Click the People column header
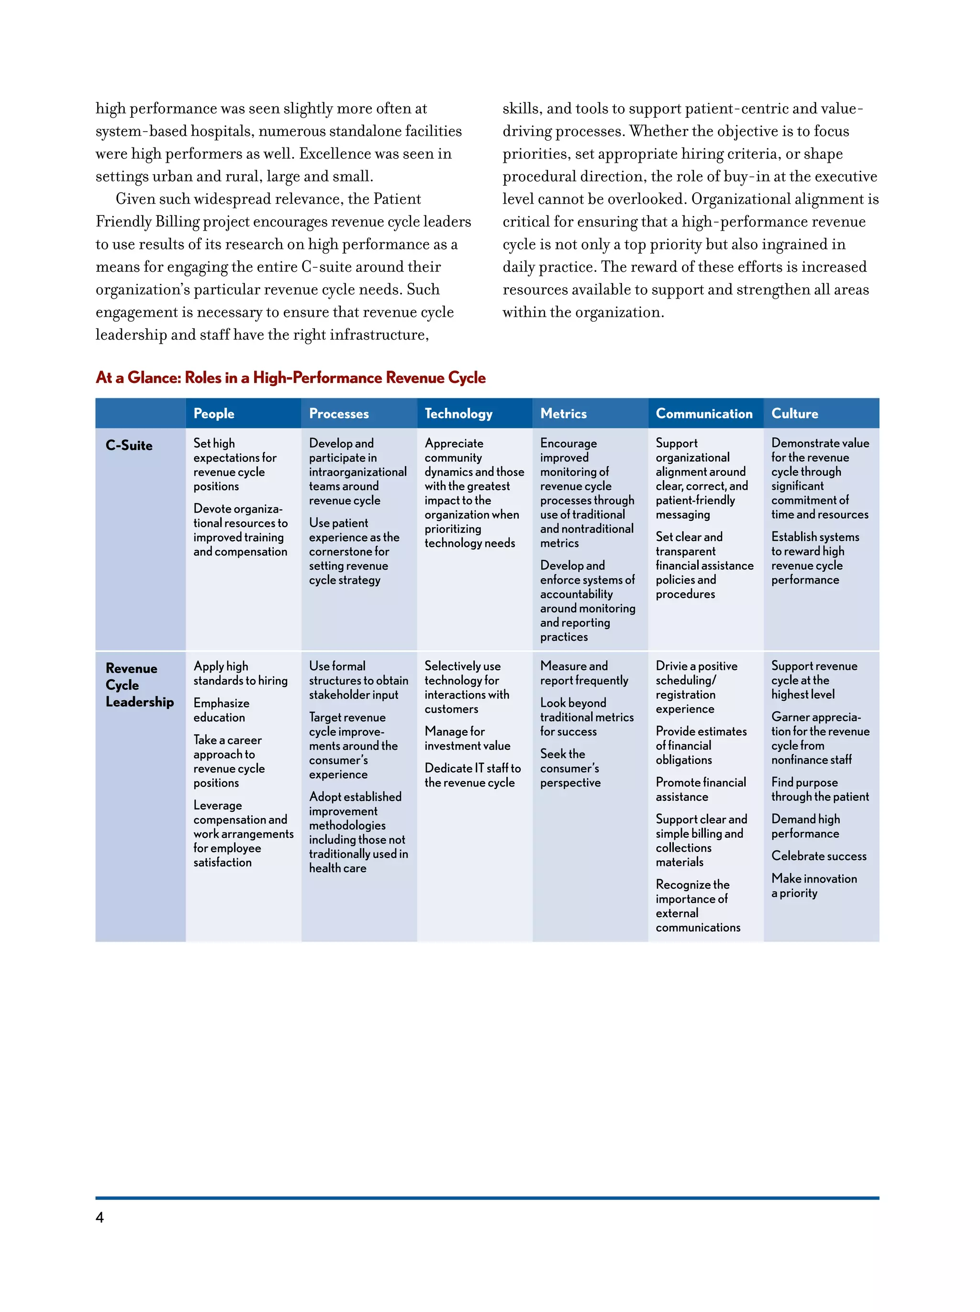click(x=213, y=414)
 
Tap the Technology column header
click(x=458, y=414)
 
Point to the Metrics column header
click(x=563, y=414)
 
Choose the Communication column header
click(x=704, y=414)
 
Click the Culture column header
click(x=794, y=414)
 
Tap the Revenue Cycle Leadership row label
click(x=139, y=685)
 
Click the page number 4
click(x=100, y=1217)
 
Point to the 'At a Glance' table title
click(x=290, y=378)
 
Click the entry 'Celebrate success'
click(x=819, y=856)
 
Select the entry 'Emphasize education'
click(x=221, y=710)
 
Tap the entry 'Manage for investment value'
click(x=467, y=739)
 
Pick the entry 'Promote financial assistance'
click(x=701, y=789)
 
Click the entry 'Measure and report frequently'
click(x=583, y=673)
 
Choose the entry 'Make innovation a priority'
click(x=814, y=886)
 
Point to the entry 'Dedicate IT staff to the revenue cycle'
click(x=472, y=775)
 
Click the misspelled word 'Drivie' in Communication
click(x=671, y=666)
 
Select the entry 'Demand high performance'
click(x=805, y=826)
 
